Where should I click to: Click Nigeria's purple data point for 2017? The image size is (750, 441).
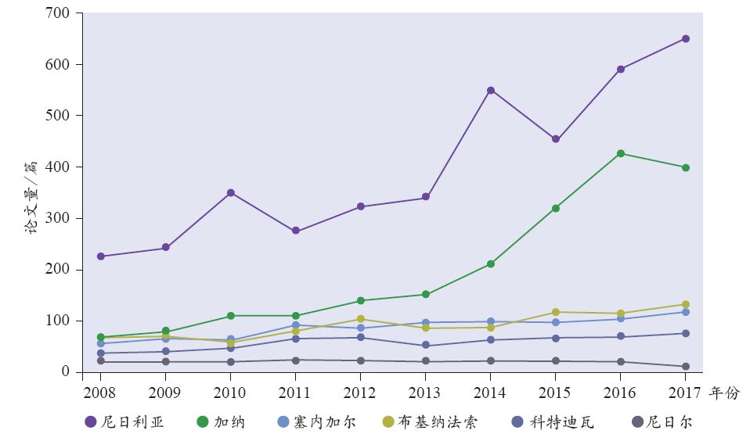(685, 38)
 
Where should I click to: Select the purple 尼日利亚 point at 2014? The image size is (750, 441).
(491, 90)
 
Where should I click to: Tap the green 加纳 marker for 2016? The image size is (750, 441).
(620, 153)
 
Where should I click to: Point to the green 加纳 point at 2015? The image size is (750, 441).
(555, 208)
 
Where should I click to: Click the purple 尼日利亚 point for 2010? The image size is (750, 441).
(231, 192)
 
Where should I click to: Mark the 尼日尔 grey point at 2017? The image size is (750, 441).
(685, 366)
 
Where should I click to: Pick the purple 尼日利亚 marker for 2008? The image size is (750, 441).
(101, 256)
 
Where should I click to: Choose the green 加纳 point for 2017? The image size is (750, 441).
(685, 167)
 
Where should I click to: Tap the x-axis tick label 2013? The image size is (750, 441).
(425, 391)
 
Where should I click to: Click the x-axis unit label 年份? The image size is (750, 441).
(724, 392)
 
